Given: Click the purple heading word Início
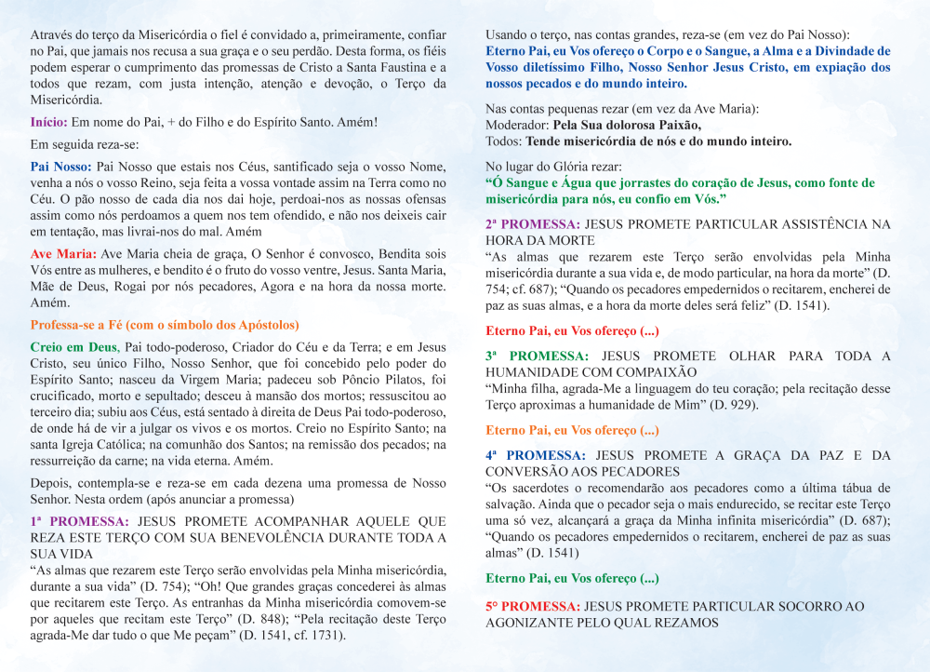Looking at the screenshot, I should tap(47, 122).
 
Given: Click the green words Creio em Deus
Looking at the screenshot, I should tap(73, 347).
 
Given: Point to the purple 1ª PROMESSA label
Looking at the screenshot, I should tap(81, 522).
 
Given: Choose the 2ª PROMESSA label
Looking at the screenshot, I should tap(533, 224).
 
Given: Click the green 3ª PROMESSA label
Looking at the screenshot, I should tap(537, 356).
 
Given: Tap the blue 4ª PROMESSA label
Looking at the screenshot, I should tap(536, 455).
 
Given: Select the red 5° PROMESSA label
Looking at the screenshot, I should tap(534, 606).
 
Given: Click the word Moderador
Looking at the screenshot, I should tap(516, 126).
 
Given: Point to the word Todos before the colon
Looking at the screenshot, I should tap(503, 141).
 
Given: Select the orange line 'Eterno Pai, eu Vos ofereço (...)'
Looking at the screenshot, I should tap(572, 430).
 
